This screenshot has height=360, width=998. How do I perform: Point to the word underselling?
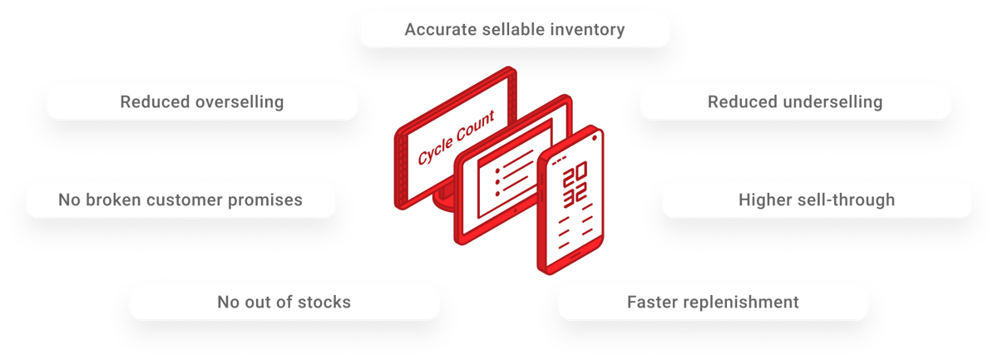(x=830, y=102)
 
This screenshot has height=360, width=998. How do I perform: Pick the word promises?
(x=264, y=200)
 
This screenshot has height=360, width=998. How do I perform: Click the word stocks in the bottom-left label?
(x=322, y=302)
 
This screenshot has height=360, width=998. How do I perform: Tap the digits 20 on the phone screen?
(x=575, y=177)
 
